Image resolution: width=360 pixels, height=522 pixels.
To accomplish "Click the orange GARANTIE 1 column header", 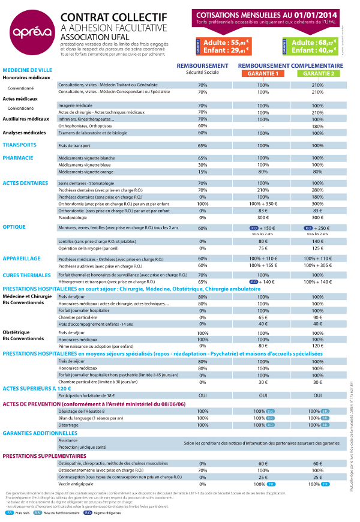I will click(x=262, y=73).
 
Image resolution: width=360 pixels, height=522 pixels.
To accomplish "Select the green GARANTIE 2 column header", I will click(x=318, y=73).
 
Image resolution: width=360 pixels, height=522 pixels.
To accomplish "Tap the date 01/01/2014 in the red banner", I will click(x=316, y=14).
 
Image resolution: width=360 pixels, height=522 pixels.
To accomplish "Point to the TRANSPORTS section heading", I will click(x=20, y=145).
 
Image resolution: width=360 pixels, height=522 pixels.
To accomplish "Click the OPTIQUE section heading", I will click(x=15, y=227).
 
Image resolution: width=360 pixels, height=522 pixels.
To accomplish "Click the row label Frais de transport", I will click(x=74, y=146).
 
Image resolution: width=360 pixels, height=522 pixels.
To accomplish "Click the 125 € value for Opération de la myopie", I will click(x=317, y=247).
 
